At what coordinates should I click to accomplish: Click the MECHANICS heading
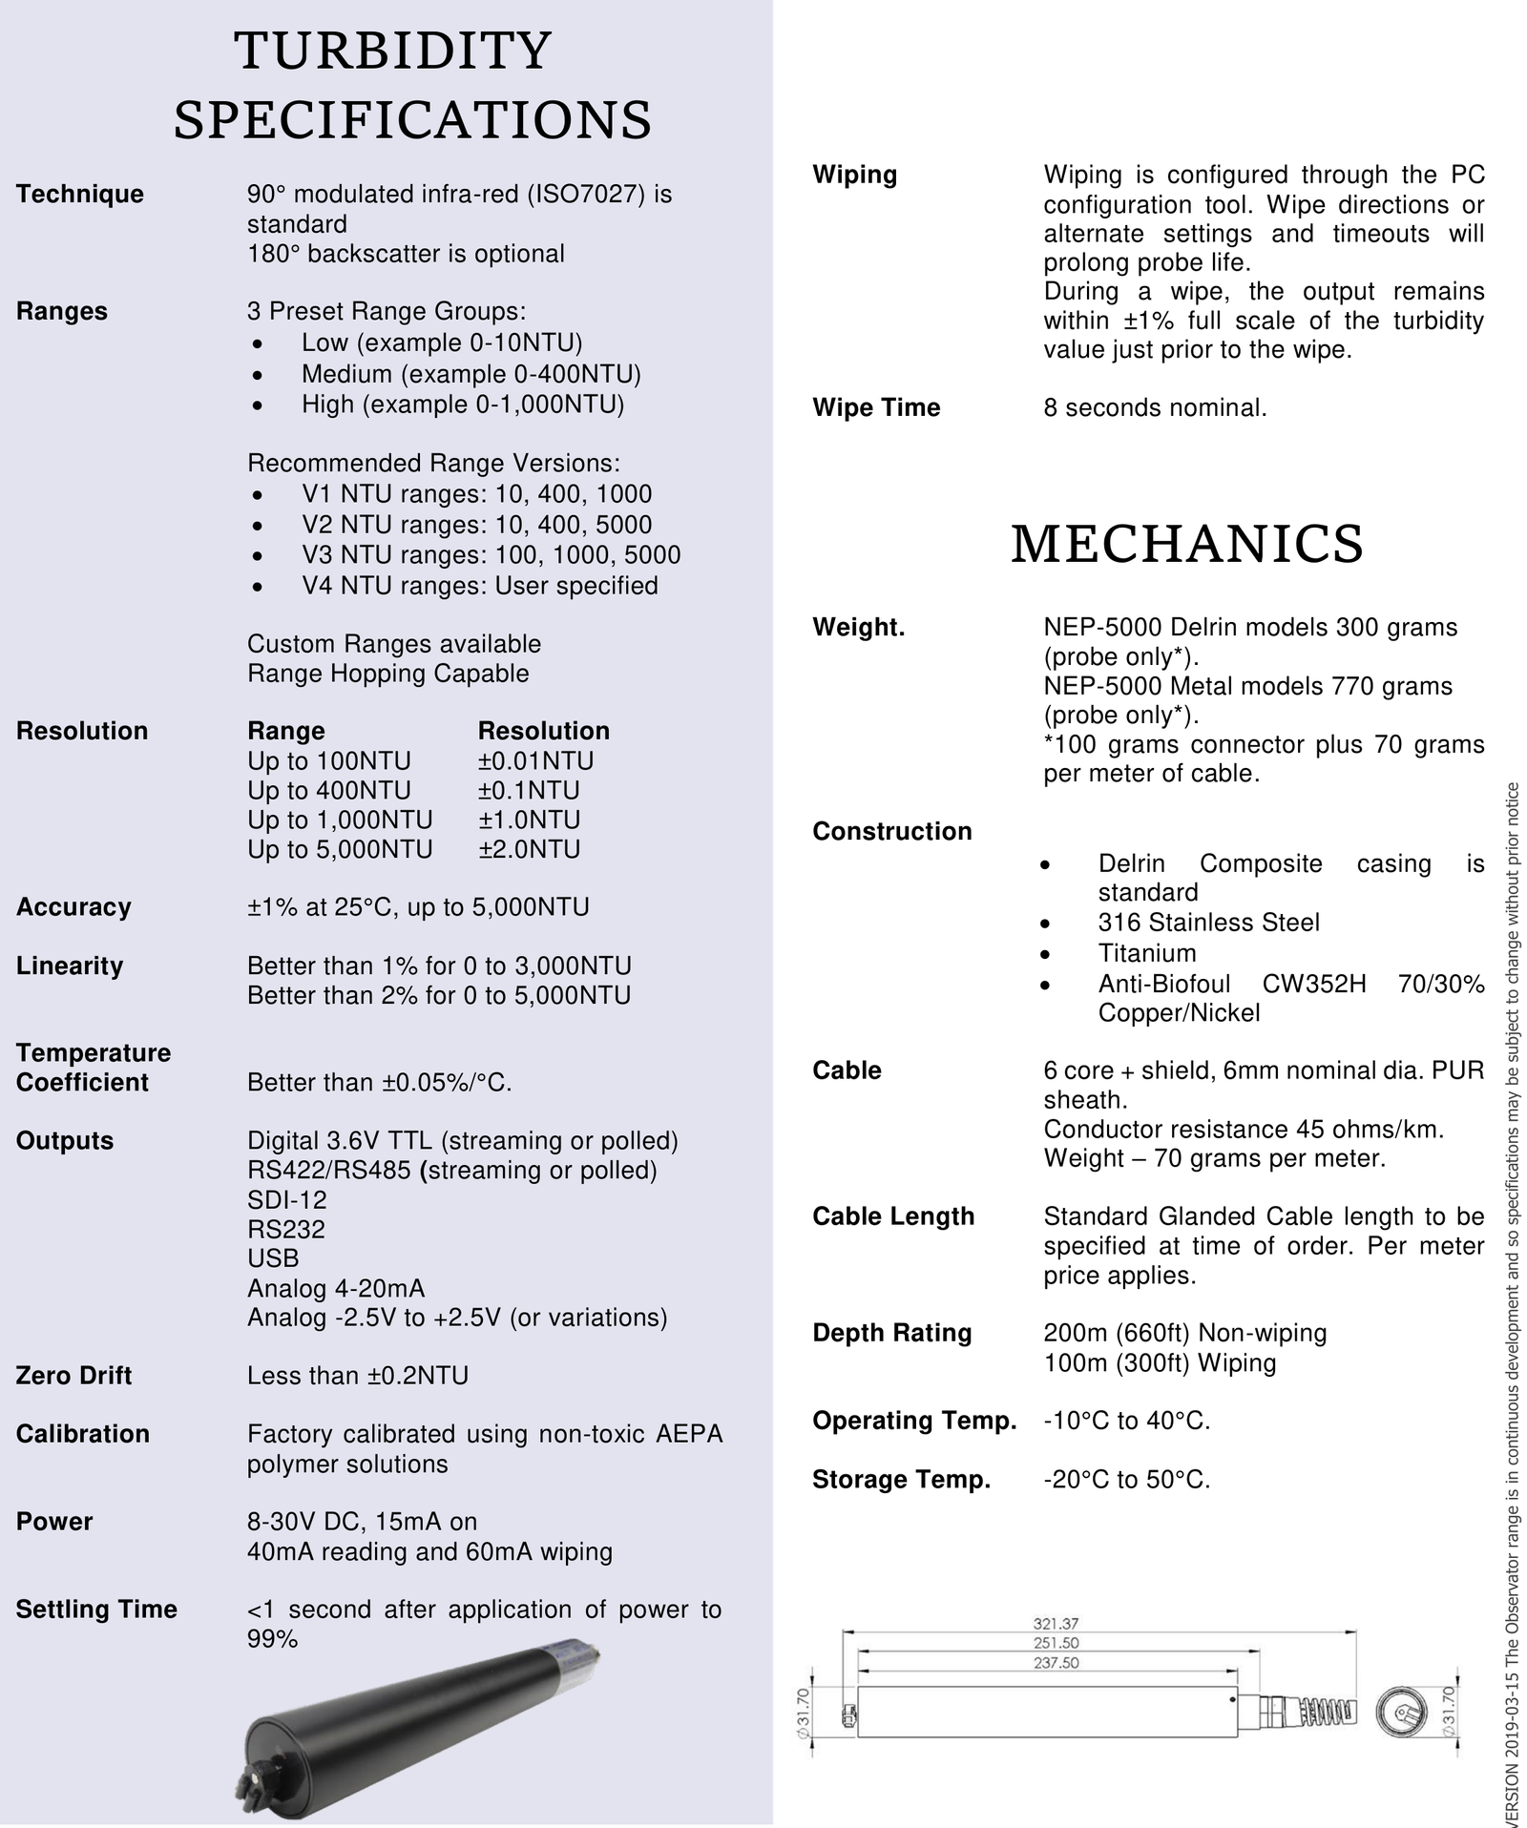(1186, 544)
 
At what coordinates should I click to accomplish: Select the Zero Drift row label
(73, 1375)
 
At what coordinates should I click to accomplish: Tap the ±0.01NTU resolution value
(535, 760)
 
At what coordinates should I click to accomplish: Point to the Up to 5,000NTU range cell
(340, 848)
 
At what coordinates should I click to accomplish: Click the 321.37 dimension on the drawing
(1056, 1622)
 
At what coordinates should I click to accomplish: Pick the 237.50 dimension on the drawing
(1056, 1662)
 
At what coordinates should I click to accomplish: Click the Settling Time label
(96, 1609)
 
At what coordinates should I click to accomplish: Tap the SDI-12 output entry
(286, 1199)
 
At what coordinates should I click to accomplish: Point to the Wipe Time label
(876, 407)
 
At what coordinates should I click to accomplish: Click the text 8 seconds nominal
(1155, 407)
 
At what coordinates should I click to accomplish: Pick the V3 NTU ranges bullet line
(491, 554)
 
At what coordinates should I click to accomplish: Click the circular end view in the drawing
(1400, 1713)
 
